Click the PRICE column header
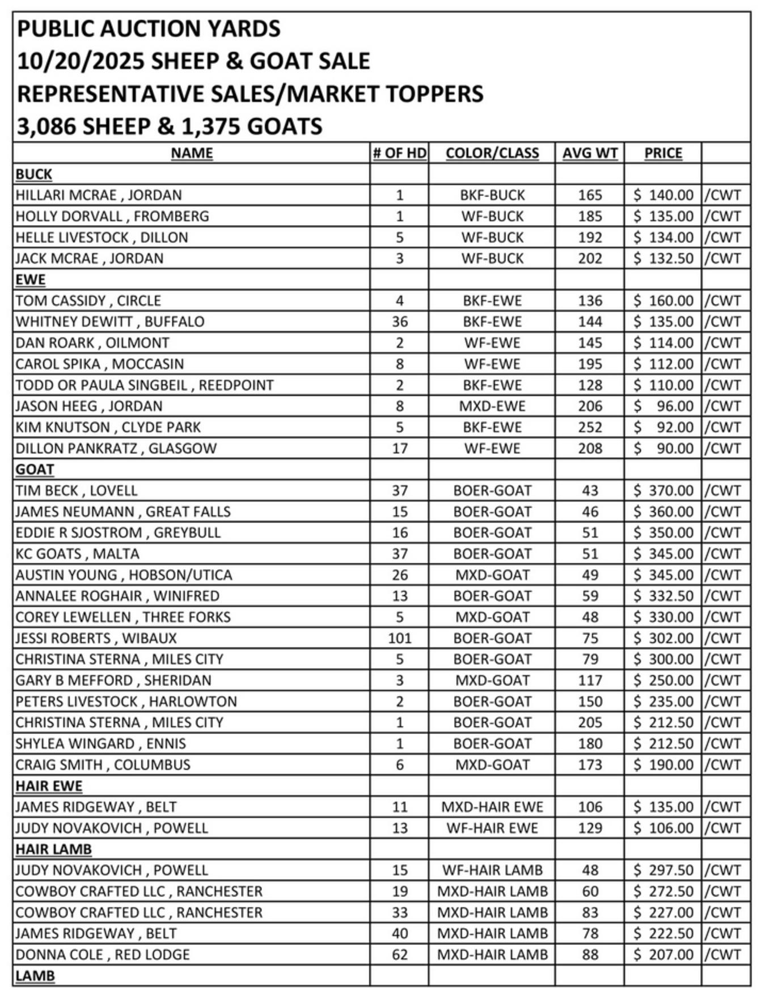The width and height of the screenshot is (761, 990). (663, 153)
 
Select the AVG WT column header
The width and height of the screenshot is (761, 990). (590, 153)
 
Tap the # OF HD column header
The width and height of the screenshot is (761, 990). (400, 153)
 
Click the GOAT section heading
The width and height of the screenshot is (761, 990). (35, 469)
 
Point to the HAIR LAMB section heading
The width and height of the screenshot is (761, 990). (53, 849)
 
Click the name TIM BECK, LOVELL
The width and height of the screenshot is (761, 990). (76, 490)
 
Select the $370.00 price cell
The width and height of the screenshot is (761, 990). (663, 490)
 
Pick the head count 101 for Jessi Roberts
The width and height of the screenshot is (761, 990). (400, 638)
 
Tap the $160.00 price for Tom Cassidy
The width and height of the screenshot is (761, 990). (663, 301)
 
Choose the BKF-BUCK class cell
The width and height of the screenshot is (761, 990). (492, 195)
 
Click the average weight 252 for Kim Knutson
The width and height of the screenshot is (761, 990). (590, 427)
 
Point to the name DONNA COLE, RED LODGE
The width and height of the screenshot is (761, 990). (102, 954)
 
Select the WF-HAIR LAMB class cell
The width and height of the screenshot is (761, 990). (492, 870)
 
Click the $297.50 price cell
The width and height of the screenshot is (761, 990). (663, 870)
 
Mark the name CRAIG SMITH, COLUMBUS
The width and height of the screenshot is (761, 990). (103, 764)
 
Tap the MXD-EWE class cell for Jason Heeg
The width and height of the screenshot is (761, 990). (492, 406)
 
